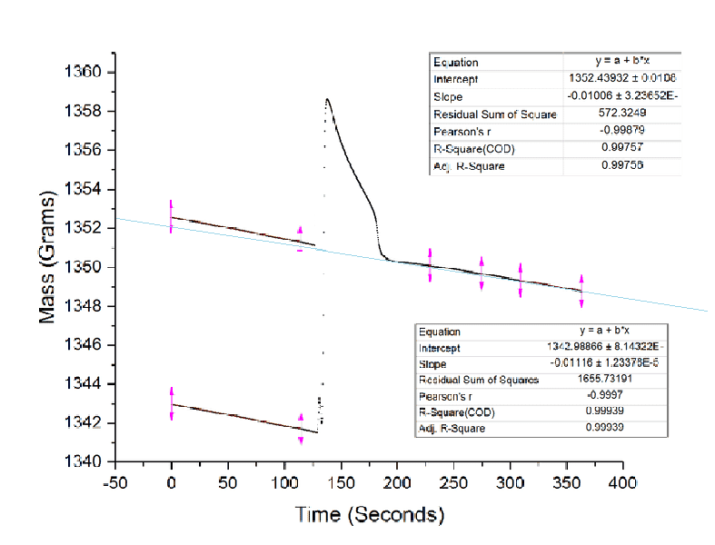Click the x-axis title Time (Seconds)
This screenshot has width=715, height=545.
coord(370,514)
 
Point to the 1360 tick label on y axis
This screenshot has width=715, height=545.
coord(87,73)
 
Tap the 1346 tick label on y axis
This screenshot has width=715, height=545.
coord(87,345)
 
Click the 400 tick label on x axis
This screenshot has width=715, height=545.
coord(622,481)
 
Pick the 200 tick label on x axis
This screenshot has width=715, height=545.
coord(397,481)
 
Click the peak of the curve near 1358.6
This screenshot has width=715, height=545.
coord(326,99)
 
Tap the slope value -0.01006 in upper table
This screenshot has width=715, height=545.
coord(621,96)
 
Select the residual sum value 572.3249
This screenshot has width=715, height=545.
coord(621,114)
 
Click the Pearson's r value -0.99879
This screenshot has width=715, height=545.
coord(621,132)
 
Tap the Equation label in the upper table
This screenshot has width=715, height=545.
coord(455,63)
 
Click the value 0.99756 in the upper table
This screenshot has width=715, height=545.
coord(621,165)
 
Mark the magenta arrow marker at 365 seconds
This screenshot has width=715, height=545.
coord(581,291)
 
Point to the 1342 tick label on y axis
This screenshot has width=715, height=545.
coord(87,423)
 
